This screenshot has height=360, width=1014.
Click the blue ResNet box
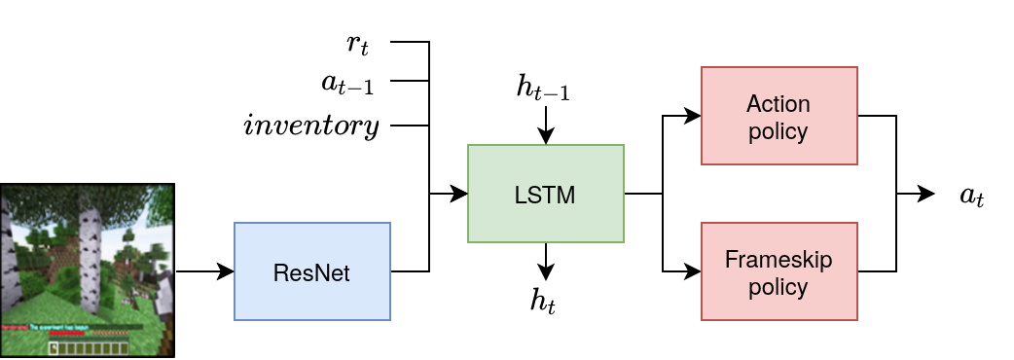[311, 271]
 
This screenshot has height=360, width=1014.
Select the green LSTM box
[545, 194]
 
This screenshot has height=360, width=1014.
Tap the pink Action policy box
[779, 116]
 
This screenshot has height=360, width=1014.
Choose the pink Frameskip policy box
[779, 271]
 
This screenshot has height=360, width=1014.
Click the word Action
[779, 104]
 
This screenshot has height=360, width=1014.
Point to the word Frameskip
[779, 260]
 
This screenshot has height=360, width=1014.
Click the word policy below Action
[779, 130]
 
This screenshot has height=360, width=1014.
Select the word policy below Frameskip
[779, 287]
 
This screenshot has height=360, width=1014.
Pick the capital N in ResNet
[317, 273]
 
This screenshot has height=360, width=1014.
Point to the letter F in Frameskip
[731, 260]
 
